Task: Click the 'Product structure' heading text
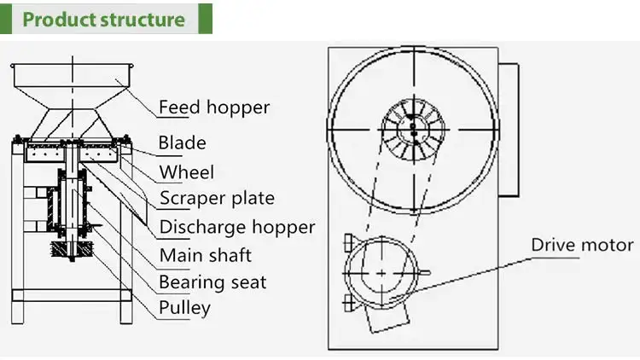click(x=103, y=19)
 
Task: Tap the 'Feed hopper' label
click(x=214, y=107)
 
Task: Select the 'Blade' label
click(x=182, y=142)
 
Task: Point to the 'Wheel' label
click(x=187, y=171)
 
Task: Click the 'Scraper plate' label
click(x=217, y=198)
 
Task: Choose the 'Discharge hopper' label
click(x=237, y=227)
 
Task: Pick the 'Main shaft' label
click(x=206, y=256)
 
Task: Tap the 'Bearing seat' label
click(x=212, y=282)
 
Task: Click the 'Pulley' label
click(x=185, y=308)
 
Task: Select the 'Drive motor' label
click(x=583, y=245)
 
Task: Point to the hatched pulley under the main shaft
click(x=73, y=248)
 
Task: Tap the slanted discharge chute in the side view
click(x=114, y=192)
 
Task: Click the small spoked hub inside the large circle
click(x=413, y=130)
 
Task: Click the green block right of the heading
click(x=206, y=19)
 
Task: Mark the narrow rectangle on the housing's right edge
click(x=509, y=130)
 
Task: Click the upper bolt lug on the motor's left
click(x=349, y=242)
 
